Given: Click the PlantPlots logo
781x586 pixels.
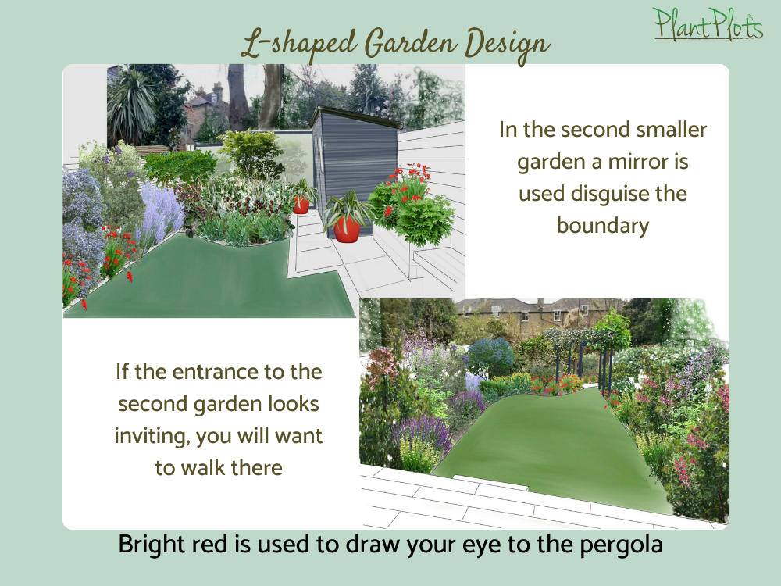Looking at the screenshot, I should pos(708,23).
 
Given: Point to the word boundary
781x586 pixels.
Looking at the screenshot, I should pos(603,226).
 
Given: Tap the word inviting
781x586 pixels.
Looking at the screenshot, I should pos(148,436).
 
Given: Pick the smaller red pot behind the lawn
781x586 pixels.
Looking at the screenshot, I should pos(301,205).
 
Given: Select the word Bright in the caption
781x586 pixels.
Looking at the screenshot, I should pos(149,545).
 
